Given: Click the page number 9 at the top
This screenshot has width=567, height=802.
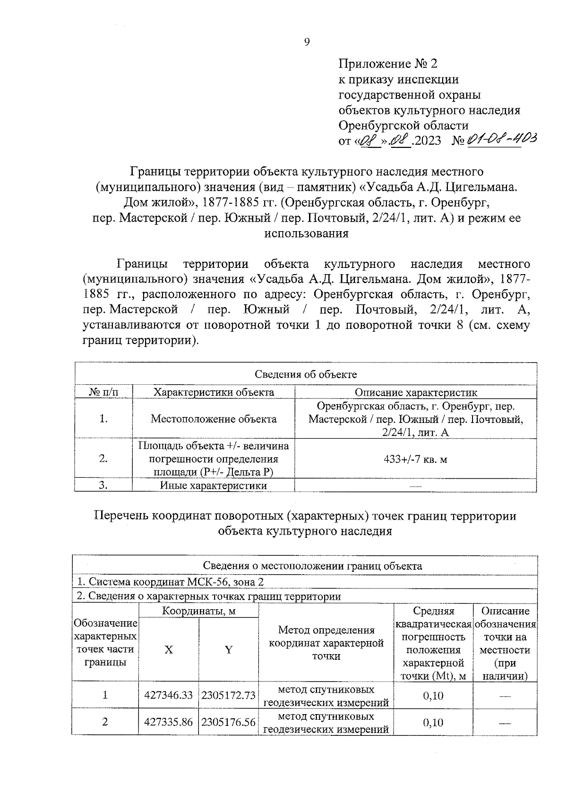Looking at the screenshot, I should point(306,43).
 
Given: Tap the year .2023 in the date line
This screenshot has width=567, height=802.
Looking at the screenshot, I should point(427,141).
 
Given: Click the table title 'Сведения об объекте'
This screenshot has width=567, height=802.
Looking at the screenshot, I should point(306,374).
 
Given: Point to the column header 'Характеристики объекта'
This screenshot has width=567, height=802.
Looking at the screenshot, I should point(214,392).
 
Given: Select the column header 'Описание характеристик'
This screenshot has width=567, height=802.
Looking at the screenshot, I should point(416,392).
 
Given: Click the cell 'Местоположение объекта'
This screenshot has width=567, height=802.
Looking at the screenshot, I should point(214,419).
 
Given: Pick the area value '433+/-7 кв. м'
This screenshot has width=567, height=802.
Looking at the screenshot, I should point(416,458).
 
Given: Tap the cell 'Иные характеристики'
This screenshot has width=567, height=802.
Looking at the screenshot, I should point(214,485).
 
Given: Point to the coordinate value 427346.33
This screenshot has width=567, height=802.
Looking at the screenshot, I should point(169,695).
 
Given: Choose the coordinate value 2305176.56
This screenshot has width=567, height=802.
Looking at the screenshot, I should point(229,722).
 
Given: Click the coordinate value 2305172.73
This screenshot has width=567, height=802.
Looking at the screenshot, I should point(229,695).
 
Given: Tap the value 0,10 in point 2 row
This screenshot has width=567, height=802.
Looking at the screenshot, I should point(433,722).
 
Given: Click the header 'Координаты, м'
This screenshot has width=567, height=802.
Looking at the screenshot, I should point(198,611).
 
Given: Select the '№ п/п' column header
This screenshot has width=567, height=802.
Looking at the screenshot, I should point(103,392).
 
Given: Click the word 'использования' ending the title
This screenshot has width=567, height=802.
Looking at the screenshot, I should point(306,233).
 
